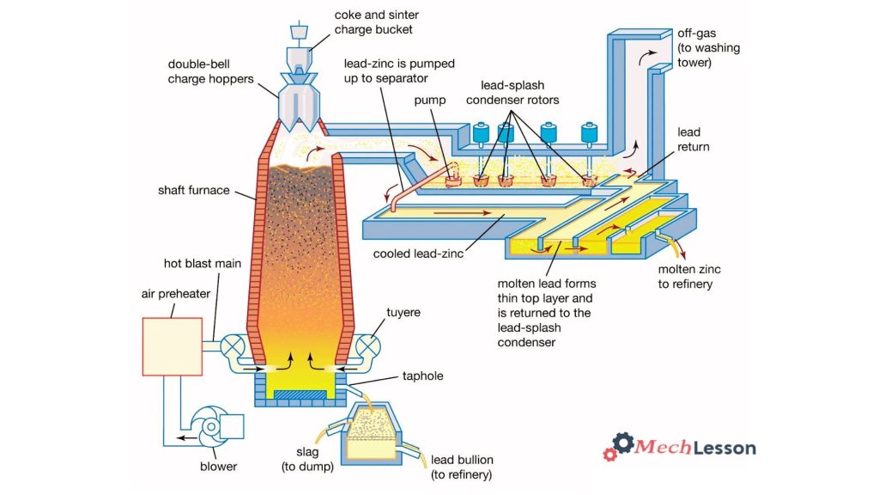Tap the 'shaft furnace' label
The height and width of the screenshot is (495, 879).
pyautogui.click(x=193, y=190)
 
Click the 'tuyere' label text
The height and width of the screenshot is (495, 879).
pyautogui.click(x=403, y=312)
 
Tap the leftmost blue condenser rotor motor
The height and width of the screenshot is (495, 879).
pyautogui.click(x=481, y=134)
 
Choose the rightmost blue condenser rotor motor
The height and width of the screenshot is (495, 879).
pyautogui.click(x=590, y=134)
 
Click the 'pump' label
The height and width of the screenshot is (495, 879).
pyautogui.click(x=429, y=101)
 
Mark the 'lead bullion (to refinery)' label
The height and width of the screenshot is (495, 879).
pyautogui.click(x=462, y=467)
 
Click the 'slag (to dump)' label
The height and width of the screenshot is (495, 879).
pyautogui.click(x=306, y=460)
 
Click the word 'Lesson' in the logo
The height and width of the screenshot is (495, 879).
pyautogui.click(x=720, y=448)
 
